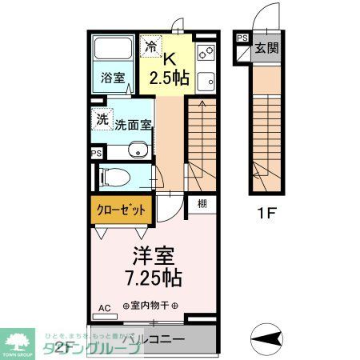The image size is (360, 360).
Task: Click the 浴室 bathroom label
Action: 112,78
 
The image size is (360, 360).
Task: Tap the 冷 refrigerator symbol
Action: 150,46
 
